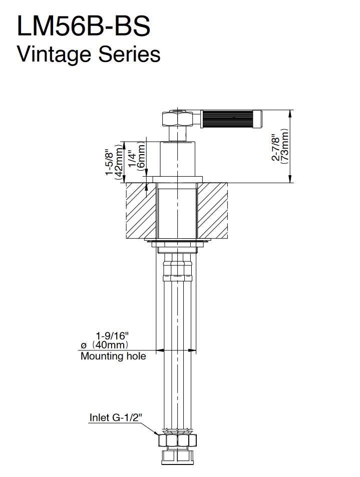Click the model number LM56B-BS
(84, 27)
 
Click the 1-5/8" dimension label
(109, 162)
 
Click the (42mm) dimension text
(118, 162)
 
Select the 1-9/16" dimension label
(113, 336)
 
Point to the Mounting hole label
(113, 356)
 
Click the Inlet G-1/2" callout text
(116, 417)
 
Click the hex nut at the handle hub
(178, 119)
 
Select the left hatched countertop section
(141, 211)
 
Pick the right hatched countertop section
(212, 211)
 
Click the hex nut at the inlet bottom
(178, 440)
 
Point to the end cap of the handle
(257, 119)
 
